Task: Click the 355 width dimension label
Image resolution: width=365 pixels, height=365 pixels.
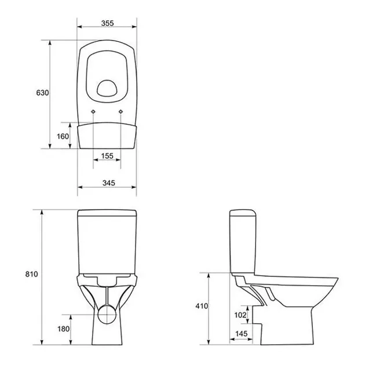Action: (x=108, y=23)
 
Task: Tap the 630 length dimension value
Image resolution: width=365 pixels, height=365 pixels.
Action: (x=43, y=93)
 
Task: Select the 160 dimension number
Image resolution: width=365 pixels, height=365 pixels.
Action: (x=63, y=136)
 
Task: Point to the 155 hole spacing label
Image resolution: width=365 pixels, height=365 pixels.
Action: (x=107, y=156)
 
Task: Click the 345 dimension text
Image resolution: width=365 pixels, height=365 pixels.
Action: (x=109, y=183)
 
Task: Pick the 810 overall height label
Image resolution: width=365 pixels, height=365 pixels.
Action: (x=31, y=274)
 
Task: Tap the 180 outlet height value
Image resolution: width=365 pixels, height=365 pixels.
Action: (x=63, y=329)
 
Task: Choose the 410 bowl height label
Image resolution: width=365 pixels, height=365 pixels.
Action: (x=202, y=306)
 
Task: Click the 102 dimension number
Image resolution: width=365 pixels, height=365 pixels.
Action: (x=240, y=315)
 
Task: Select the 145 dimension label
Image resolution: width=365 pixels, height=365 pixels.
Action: (x=241, y=334)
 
